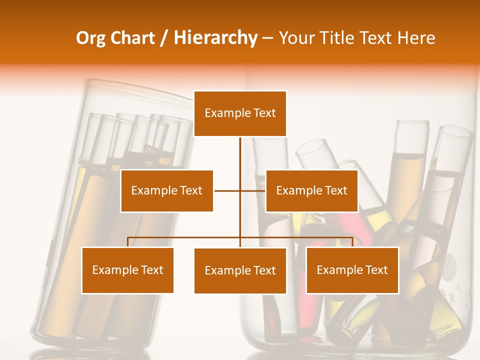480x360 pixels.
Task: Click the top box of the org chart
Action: (240, 113)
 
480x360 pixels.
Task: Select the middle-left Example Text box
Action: (166, 190)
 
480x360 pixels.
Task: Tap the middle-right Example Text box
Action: (311, 190)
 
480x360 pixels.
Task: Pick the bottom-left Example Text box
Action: (127, 270)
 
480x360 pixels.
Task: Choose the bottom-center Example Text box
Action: (240, 270)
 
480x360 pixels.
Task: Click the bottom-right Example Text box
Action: (352, 270)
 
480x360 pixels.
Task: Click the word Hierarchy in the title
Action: (215, 38)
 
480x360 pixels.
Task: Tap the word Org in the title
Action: (91, 38)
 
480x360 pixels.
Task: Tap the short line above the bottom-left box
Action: (127, 242)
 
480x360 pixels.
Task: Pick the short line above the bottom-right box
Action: (352, 242)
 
